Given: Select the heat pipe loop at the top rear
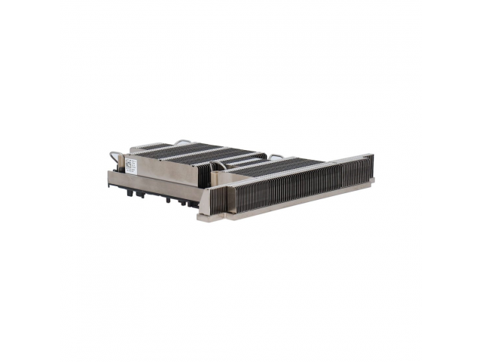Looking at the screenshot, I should click(183, 141).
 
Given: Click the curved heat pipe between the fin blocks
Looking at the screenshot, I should click(218, 164).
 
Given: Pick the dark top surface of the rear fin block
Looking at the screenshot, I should click(181, 151).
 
